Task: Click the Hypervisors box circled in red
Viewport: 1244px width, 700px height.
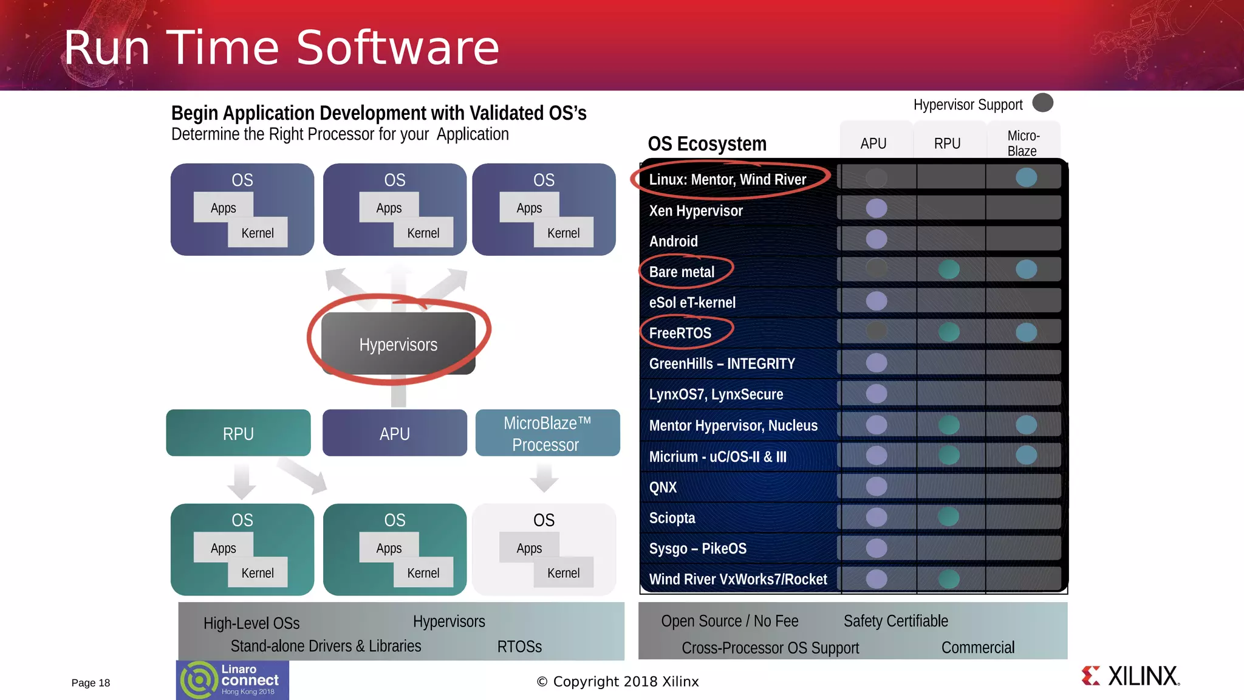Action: tap(398, 344)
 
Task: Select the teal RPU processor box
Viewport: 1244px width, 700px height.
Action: tap(238, 433)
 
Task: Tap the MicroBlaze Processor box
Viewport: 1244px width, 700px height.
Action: tap(547, 433)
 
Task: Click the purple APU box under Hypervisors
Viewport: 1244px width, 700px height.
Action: tap(395, 433)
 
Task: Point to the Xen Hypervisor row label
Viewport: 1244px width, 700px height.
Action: tap(695, 211)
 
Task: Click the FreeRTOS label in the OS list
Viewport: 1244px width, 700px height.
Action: tap(680, 333)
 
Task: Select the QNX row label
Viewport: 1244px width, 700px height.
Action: tap(663, 487)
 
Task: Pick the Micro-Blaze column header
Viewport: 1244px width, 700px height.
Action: tap(1023, 143)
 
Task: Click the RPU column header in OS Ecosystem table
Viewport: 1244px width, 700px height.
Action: tap(947, 143)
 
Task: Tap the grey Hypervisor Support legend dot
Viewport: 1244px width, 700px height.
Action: tap(1042, 103)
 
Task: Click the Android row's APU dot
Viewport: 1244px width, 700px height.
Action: tap(876, 239)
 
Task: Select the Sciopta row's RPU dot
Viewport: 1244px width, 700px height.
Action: tap(948, 517)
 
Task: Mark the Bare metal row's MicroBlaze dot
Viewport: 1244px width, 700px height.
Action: tap(1026, 269)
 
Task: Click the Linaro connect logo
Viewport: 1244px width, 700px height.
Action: tap(233, 680)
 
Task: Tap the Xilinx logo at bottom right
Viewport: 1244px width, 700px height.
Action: tap(1130, 676)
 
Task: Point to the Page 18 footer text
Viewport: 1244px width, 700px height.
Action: tap(91, 682)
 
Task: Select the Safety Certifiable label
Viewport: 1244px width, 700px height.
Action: tap(895, 621)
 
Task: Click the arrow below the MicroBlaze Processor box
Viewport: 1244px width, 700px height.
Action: tap(544, 478)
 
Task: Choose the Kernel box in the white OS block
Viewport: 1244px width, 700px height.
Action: tap(563, 572)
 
